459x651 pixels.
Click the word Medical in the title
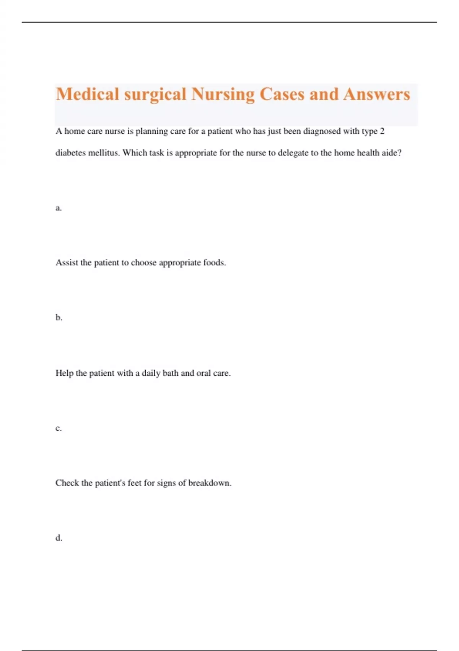point(88,94)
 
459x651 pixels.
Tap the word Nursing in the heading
point(223,94)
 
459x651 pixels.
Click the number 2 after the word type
point(382,131)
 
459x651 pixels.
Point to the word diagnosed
point(322,131)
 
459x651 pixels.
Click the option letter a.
point(58,208)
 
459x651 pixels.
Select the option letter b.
point(59,317)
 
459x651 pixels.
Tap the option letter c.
point(58,428)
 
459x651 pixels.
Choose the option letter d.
point(59,538)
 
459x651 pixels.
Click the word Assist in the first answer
point(67,263)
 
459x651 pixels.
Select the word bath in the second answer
point(170,373)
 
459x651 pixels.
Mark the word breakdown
point(209,483)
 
